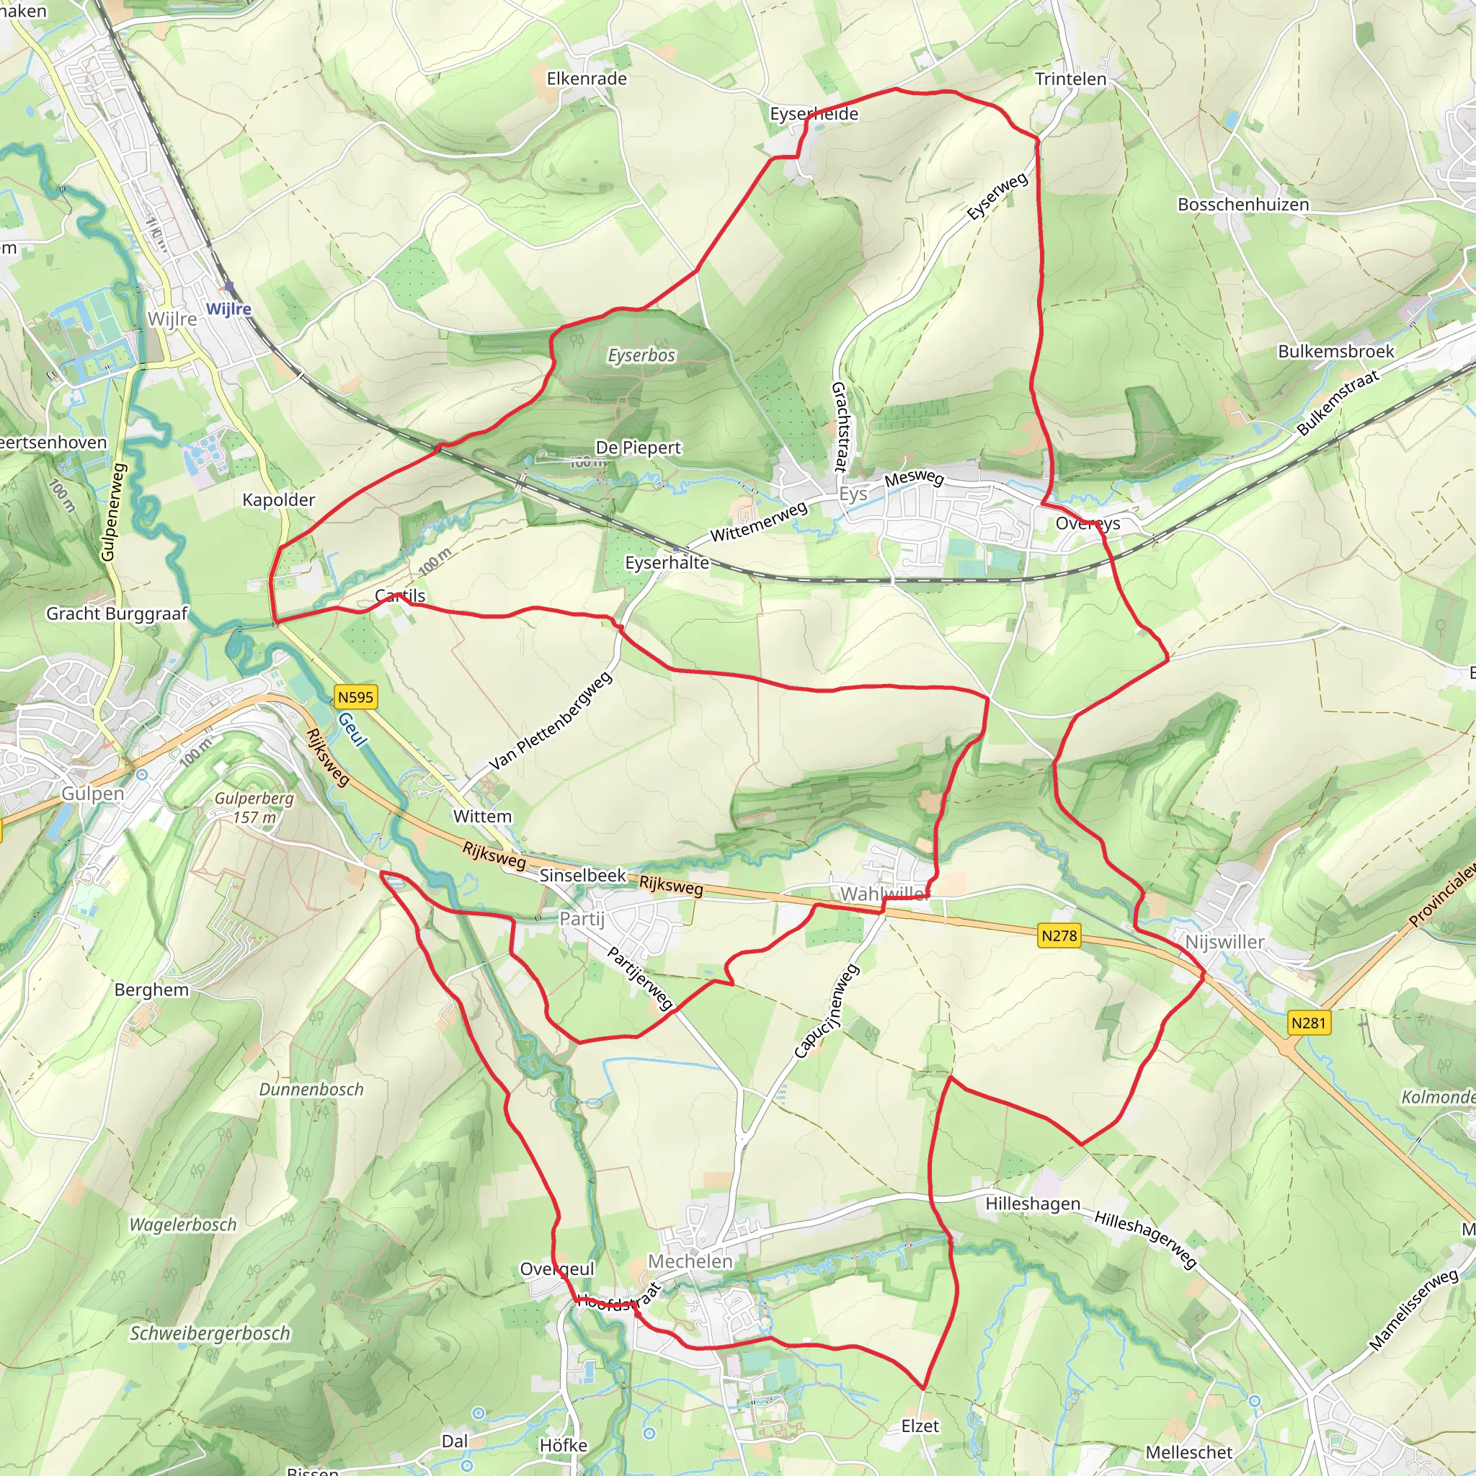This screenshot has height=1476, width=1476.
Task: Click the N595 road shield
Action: (x=355, y=697)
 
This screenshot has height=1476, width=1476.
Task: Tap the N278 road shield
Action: (x=1059, y=935)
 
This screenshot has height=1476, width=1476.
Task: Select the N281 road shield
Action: (x=1309, y=1022)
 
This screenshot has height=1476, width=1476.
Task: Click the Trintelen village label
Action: (x=1070, y=79)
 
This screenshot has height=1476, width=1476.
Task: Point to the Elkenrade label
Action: (x=587, y=79)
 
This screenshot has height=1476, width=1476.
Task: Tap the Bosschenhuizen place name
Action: (x=1243, y=205)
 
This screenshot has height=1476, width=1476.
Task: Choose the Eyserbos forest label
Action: (x=641, y=355)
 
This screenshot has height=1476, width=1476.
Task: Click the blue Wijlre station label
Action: (x=228, y=308)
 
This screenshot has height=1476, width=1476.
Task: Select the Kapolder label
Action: (x=279, y=499)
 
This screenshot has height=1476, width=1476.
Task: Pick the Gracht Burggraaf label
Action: (x=117, y=613)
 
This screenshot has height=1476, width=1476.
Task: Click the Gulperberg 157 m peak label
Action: (x=254, y=807)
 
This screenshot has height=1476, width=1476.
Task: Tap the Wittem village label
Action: (x=482, y=816)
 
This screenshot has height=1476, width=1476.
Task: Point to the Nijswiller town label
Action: (x=1224, y=942)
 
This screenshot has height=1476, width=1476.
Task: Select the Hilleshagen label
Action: (x=1033, y=1204)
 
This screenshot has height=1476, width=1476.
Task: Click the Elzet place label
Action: (x=920, y=1426)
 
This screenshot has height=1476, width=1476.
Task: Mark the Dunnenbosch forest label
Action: (x=311, y=1090)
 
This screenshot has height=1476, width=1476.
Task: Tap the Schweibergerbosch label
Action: (x=210, y=1333)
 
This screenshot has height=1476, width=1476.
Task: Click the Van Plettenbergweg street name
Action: (x=551, y=721)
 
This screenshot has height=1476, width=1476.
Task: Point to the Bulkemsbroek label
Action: (x=1336, y=352)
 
